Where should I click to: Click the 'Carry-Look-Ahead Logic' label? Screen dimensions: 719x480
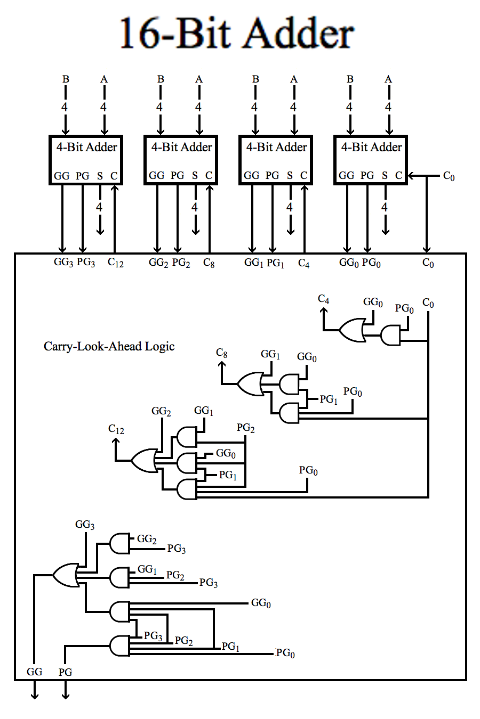coord(109,347)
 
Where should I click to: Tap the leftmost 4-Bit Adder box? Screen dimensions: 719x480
coord(86,160)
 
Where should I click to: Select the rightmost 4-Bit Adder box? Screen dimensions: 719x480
coord(371,160)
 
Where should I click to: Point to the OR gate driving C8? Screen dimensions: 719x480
coord(250,383)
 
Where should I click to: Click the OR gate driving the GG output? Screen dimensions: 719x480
coord(66,575)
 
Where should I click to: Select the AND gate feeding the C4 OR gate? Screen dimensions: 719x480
coord(390,336)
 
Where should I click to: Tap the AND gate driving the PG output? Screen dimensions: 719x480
coord(119,646)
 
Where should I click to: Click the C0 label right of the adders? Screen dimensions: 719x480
coord(449,176)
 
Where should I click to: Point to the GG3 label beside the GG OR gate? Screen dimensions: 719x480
coord(85,525)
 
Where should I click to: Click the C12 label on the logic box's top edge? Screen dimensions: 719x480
coord(116,263)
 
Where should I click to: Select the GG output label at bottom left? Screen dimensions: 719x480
coord(34,672)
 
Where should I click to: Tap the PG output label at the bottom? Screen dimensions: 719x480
coord(66,672)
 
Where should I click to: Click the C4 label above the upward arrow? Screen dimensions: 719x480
coord(324,299)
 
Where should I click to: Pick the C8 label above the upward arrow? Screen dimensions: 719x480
coord(222,353)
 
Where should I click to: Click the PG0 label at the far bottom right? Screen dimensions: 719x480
coord(285,653)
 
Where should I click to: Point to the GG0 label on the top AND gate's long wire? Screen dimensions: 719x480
coord(261,603)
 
